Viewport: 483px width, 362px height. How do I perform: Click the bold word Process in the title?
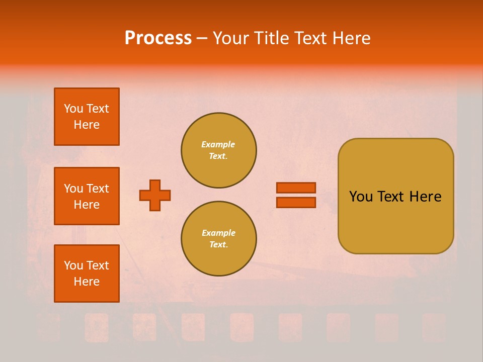pos(158,38)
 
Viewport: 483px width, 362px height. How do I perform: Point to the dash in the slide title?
pos(202,39)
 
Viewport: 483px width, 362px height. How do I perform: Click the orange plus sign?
pos(155,195)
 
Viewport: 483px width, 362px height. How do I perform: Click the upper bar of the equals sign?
pos(296,188)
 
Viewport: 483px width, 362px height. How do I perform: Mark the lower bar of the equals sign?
pos(296,202)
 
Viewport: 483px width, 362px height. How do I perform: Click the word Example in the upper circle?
pos(218,144)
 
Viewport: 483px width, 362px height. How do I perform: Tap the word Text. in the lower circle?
pos(218,244)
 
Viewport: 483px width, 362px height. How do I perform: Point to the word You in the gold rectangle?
pos(361,197)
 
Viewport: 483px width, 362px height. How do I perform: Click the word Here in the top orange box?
pos(87,125)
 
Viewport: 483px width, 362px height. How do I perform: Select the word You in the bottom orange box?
pos(73,265)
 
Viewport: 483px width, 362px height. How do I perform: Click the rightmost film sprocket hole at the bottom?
pos(434,327)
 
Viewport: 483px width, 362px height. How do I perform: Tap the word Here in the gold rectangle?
pos(425,197)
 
